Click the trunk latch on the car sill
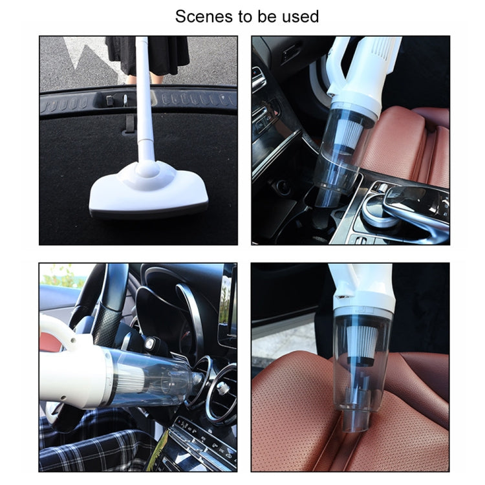click(125, 100)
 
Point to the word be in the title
click(270, 16)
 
